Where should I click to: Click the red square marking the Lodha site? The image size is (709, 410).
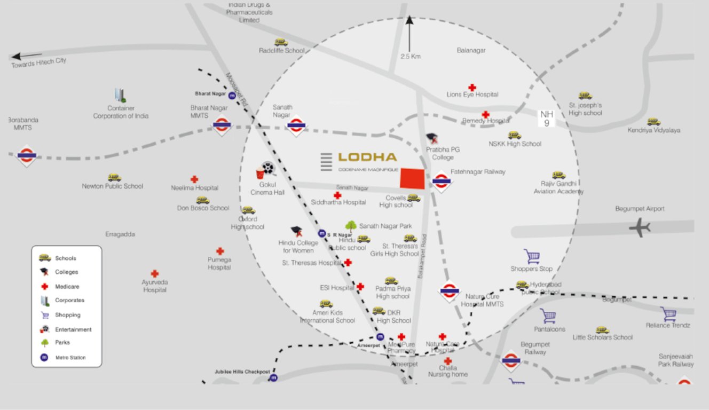tap(413, 178)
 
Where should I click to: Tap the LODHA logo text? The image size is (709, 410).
tap(367, 157)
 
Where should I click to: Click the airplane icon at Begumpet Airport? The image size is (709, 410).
tap(639, 228)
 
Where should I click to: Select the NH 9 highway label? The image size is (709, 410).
tap(546, 119)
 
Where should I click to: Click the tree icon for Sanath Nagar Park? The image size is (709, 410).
tap(351, 226)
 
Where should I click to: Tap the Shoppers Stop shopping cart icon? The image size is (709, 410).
tap(532, 257)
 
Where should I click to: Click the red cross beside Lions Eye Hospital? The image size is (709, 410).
tap(472, 87)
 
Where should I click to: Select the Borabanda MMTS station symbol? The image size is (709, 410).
tap(26, 155)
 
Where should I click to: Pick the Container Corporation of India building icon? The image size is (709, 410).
tap(120, 96)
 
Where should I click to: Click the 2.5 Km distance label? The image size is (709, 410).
tap(411, 57)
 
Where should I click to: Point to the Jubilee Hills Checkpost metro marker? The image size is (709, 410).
tap(274, 377)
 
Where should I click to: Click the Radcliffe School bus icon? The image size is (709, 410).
tap(281, 42)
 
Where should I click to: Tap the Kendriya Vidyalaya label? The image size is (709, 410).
tap(653, 130)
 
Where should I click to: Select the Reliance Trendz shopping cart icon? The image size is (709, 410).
tap(668, 314)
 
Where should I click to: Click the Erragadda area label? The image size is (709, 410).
tap(120, 234)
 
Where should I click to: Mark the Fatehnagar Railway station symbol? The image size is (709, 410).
tap(442, 181)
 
